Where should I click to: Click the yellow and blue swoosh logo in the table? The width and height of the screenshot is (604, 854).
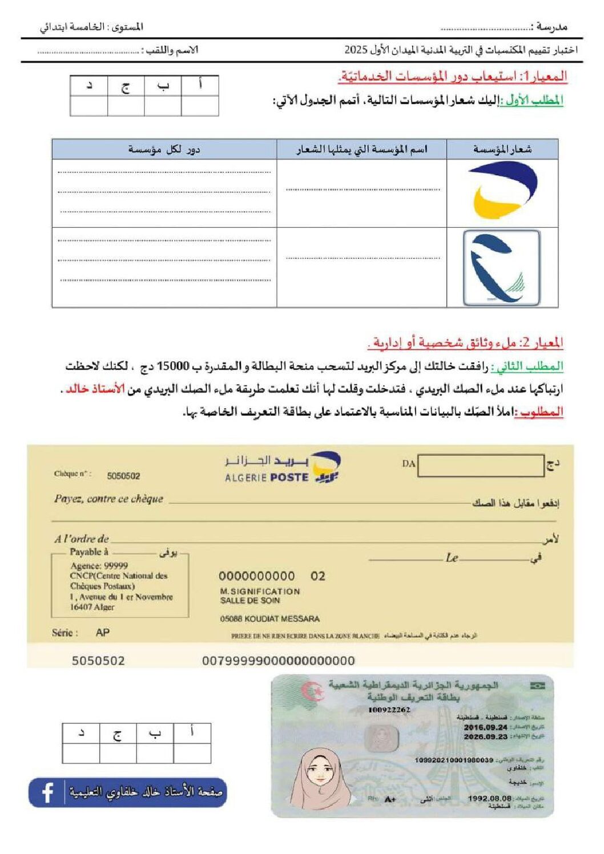(502, 190)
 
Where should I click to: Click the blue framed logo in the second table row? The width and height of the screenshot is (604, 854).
(501, 268)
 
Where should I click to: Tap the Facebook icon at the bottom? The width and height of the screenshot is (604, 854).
(47, 792)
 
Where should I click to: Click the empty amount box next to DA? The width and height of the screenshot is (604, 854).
(481, 466)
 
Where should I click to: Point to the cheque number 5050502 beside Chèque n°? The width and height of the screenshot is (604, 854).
(123, 476)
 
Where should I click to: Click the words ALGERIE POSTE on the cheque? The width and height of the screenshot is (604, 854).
(267, 477)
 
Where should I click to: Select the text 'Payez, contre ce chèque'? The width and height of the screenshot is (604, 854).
(108, 499)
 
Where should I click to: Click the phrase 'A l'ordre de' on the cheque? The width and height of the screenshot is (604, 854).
(82, 539)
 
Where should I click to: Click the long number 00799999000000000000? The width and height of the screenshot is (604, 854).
(279, 661)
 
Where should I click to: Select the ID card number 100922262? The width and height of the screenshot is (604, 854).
(389, 710)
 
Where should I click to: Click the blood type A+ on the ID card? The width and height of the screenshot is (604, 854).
(390, 799)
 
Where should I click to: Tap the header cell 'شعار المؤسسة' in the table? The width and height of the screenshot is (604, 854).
(502, 149)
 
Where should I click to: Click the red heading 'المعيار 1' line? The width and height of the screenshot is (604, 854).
(453, 76)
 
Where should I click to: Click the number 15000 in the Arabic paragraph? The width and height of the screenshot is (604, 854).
(173, 366)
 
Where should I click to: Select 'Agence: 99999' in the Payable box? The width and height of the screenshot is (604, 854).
(99, 565)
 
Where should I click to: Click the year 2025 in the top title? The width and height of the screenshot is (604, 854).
(356, 50)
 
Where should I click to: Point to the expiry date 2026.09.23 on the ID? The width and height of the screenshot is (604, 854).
(485, 736)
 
